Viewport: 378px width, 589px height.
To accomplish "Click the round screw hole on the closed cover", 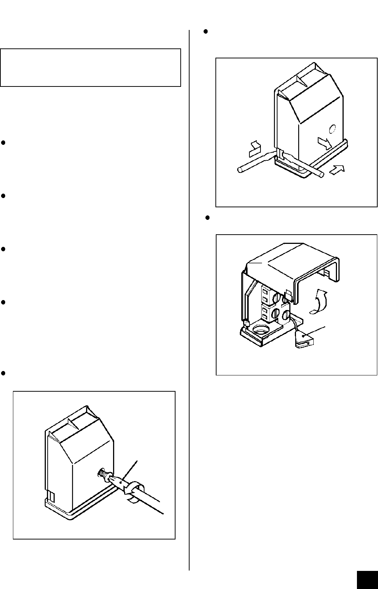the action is point(332,129).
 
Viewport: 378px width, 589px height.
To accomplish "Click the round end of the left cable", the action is point(239,170).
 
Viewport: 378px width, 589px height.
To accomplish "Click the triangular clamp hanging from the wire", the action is point(304,338).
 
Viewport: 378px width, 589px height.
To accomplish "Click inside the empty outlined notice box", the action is point(91,67).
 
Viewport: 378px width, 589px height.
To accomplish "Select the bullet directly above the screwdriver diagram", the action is point(3,373).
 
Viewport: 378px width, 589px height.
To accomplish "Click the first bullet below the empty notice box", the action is point(3,143).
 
